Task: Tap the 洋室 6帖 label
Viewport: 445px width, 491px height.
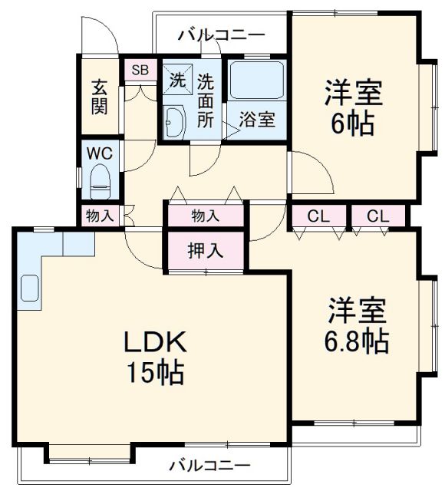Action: point(352,108)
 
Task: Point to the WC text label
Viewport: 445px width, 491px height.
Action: point(100,153)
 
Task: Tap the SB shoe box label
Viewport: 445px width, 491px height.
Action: point(140,70)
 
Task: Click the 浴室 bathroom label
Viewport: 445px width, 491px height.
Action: point(256,120)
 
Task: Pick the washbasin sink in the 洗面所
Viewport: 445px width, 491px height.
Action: point(174,120)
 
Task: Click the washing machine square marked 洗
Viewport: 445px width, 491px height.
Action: point(176,80)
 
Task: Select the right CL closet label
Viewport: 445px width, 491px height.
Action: point(377,216)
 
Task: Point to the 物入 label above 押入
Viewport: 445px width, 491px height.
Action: point(205,216)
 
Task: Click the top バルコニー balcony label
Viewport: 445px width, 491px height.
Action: point(221,35)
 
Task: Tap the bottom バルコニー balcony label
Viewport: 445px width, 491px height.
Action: point(209,465)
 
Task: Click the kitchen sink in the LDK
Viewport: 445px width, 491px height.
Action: point(30,288)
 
